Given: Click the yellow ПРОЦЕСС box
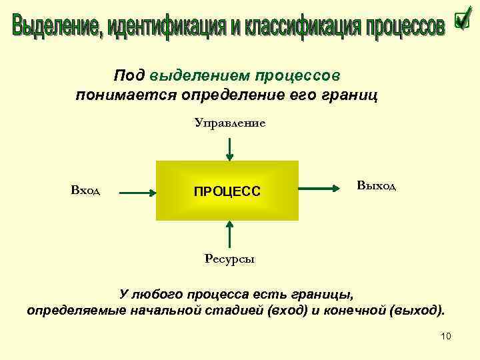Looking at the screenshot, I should (227, 191).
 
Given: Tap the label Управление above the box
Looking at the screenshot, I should (230, 123).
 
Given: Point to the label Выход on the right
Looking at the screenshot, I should (376, 185).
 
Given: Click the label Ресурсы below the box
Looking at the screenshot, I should (229, 259).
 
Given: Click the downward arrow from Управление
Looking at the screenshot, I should (229, 149).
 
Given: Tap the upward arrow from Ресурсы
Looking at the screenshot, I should (229, 235).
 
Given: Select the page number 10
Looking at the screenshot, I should (446, 336).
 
